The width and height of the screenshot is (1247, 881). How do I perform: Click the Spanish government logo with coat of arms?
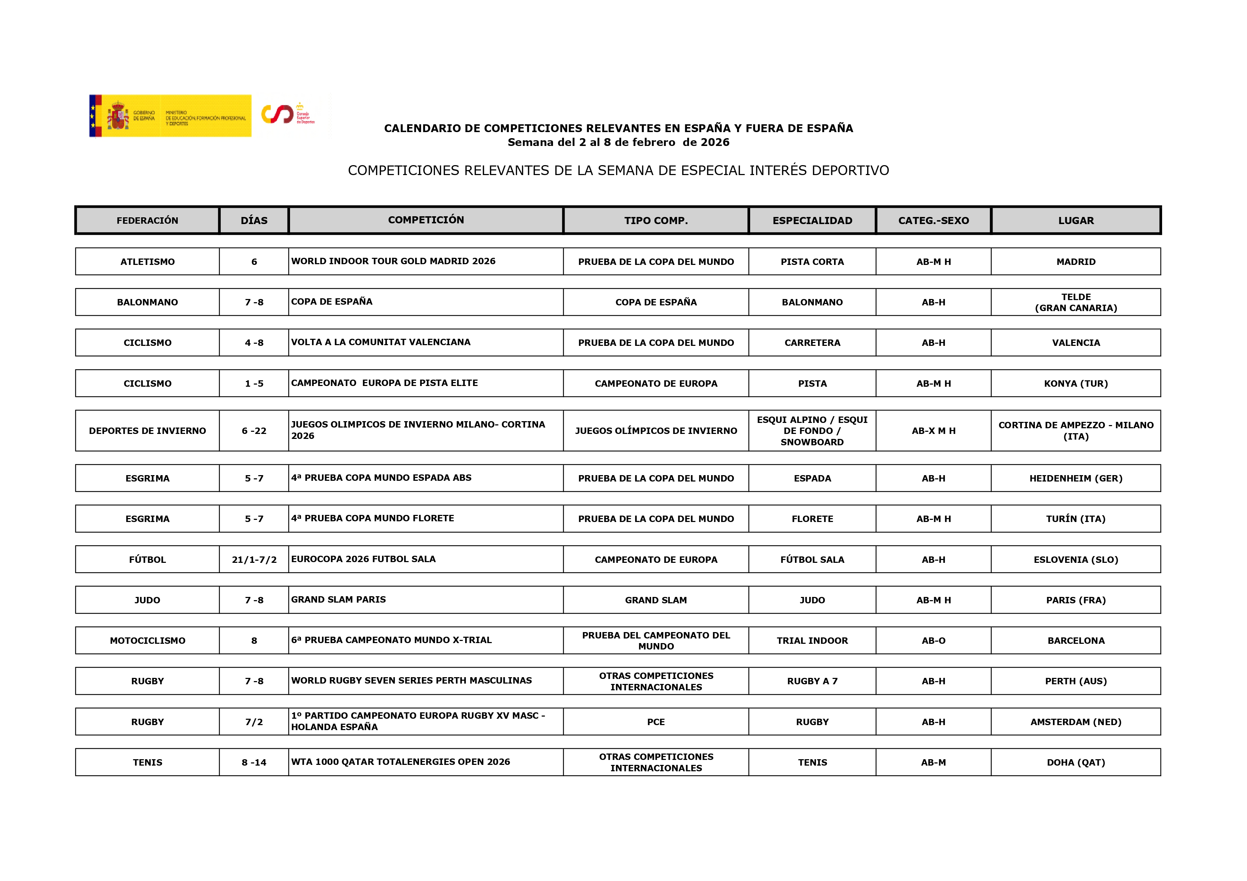(170, 116)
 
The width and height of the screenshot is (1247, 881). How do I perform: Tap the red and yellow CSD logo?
(288, 114)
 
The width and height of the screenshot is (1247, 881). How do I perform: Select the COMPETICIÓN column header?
(426, 220)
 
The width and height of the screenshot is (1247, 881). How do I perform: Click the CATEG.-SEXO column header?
(933, 221)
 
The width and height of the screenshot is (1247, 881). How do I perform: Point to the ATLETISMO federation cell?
(147, 262)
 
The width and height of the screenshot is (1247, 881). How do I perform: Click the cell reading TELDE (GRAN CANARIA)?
(1075, 302)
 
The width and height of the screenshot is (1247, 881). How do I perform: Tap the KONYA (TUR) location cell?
(1075, 383)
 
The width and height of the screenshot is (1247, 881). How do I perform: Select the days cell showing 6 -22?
(254, 430)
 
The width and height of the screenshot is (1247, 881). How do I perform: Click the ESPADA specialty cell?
(812, 478)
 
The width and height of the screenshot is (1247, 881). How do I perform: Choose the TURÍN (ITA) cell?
(1075, 519)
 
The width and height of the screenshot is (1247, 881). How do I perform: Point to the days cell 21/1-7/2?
(254, 560)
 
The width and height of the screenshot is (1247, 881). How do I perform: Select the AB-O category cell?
(933, 641)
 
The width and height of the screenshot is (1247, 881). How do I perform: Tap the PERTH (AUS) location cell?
(1075, 681)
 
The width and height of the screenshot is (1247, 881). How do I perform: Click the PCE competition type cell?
(656, 722)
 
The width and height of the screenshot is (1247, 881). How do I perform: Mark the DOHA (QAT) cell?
(1075, 762)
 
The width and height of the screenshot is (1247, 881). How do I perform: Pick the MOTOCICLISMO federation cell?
(147, 641)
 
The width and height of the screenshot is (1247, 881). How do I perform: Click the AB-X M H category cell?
(933, 430)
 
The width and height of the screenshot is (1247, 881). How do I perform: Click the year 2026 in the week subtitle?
(715, 142)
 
